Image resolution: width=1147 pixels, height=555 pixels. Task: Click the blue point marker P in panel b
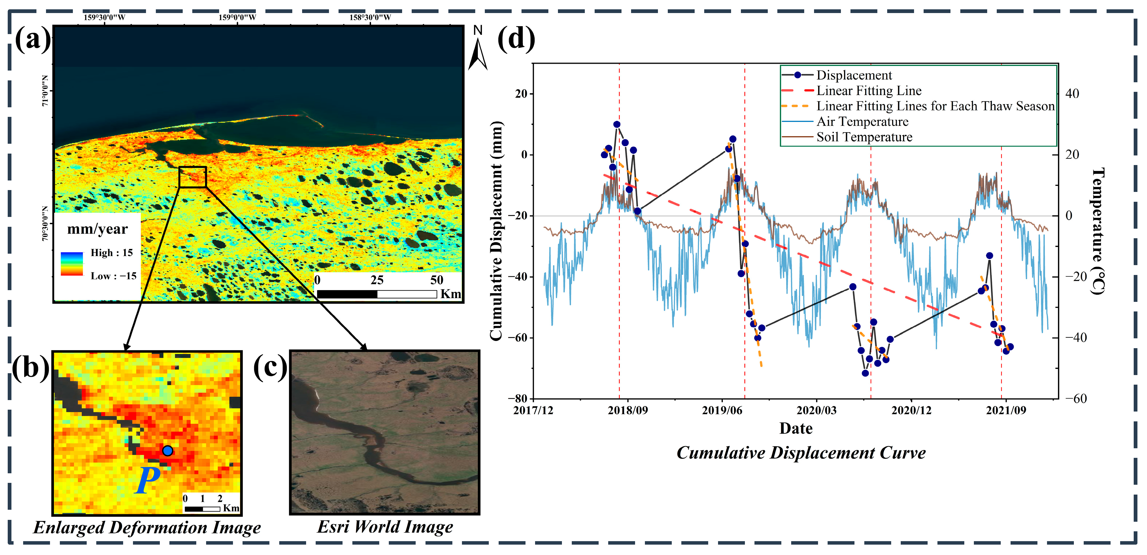(168, 451)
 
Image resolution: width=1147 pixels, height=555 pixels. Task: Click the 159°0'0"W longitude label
(237, 17)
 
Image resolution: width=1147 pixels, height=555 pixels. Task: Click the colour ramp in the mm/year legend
(72, 264)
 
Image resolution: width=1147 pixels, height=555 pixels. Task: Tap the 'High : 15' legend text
(111, 253)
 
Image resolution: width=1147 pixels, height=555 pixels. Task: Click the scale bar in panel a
(377, 294)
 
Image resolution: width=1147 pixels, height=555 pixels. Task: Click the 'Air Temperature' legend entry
(862, 122)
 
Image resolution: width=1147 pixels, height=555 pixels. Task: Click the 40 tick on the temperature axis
(1072, 94)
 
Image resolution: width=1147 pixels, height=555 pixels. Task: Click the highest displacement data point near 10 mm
(617, 124)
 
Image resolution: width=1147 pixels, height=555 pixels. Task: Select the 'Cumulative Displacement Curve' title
(800, 453)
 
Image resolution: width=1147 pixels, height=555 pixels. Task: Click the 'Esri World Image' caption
(385, 527)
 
